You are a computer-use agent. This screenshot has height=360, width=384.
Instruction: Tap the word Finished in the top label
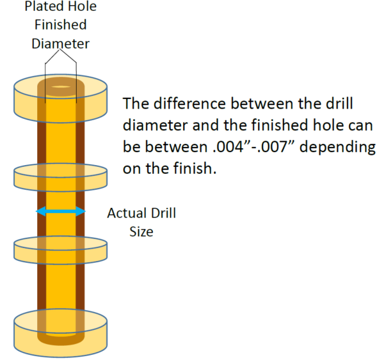(61, 26)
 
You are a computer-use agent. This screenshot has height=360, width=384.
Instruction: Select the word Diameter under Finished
(61, 43)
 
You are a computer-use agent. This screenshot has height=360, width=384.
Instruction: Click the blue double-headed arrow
(60, 211)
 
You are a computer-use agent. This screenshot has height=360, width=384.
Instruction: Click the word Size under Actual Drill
(141, 231)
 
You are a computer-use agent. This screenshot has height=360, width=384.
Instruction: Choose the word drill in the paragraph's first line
(340, 104)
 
